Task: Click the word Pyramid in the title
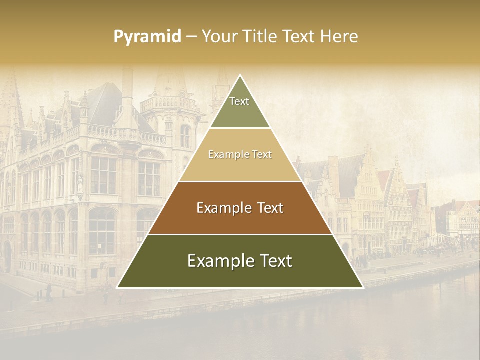pos(147,37)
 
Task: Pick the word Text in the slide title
pos(299,37)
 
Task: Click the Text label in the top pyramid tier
pos(239,101)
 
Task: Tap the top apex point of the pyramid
pos(240,75)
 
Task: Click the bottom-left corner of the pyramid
pos(117,287)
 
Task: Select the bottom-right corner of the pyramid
pos(363,287)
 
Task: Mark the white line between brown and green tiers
pos(240,234)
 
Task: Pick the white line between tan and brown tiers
pos(240,181)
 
